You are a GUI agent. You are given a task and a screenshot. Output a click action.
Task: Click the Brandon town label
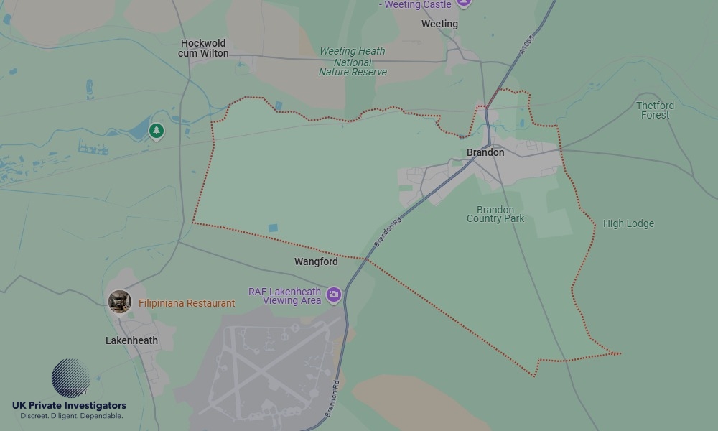485,152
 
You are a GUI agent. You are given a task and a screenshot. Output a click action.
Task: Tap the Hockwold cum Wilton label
204,48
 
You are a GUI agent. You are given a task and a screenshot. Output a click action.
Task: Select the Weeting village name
439,24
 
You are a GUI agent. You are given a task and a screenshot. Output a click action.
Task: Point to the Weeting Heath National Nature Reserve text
353,62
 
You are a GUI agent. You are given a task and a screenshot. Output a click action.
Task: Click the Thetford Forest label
655,110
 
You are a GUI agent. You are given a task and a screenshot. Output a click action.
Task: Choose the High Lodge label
628,223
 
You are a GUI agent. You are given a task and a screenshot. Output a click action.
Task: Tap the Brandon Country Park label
495,214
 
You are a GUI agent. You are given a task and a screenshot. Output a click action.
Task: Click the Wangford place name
316,261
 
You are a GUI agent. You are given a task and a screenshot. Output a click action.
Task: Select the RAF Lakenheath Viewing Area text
284,296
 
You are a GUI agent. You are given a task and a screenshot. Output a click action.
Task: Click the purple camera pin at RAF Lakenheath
333,295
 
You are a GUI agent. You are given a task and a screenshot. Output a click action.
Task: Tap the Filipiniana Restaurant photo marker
120,302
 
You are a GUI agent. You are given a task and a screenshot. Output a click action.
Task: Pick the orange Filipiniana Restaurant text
187,303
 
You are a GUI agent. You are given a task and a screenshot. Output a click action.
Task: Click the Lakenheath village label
131,340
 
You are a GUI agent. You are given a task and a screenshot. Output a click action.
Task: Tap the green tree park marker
157,131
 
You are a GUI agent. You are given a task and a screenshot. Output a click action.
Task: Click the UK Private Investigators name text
69,405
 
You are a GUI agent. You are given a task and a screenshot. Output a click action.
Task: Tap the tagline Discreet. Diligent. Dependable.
71,416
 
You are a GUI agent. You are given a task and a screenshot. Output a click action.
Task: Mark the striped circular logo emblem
70,378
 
